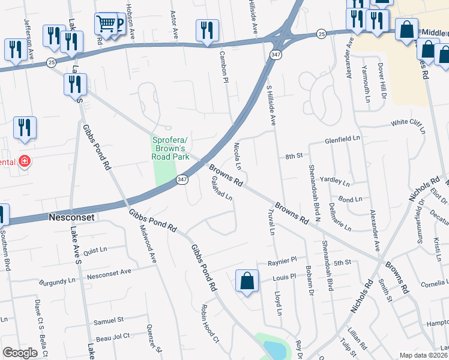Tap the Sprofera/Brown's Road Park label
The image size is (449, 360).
click(172, 148)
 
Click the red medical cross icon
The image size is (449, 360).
click(23, 161)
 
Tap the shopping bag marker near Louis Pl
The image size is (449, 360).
click(247, 281)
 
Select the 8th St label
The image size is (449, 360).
click(293, 156)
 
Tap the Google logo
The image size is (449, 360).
click(20, 353)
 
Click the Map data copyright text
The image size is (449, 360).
click(423, 355)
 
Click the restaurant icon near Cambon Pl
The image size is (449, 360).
click(207, 30)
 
